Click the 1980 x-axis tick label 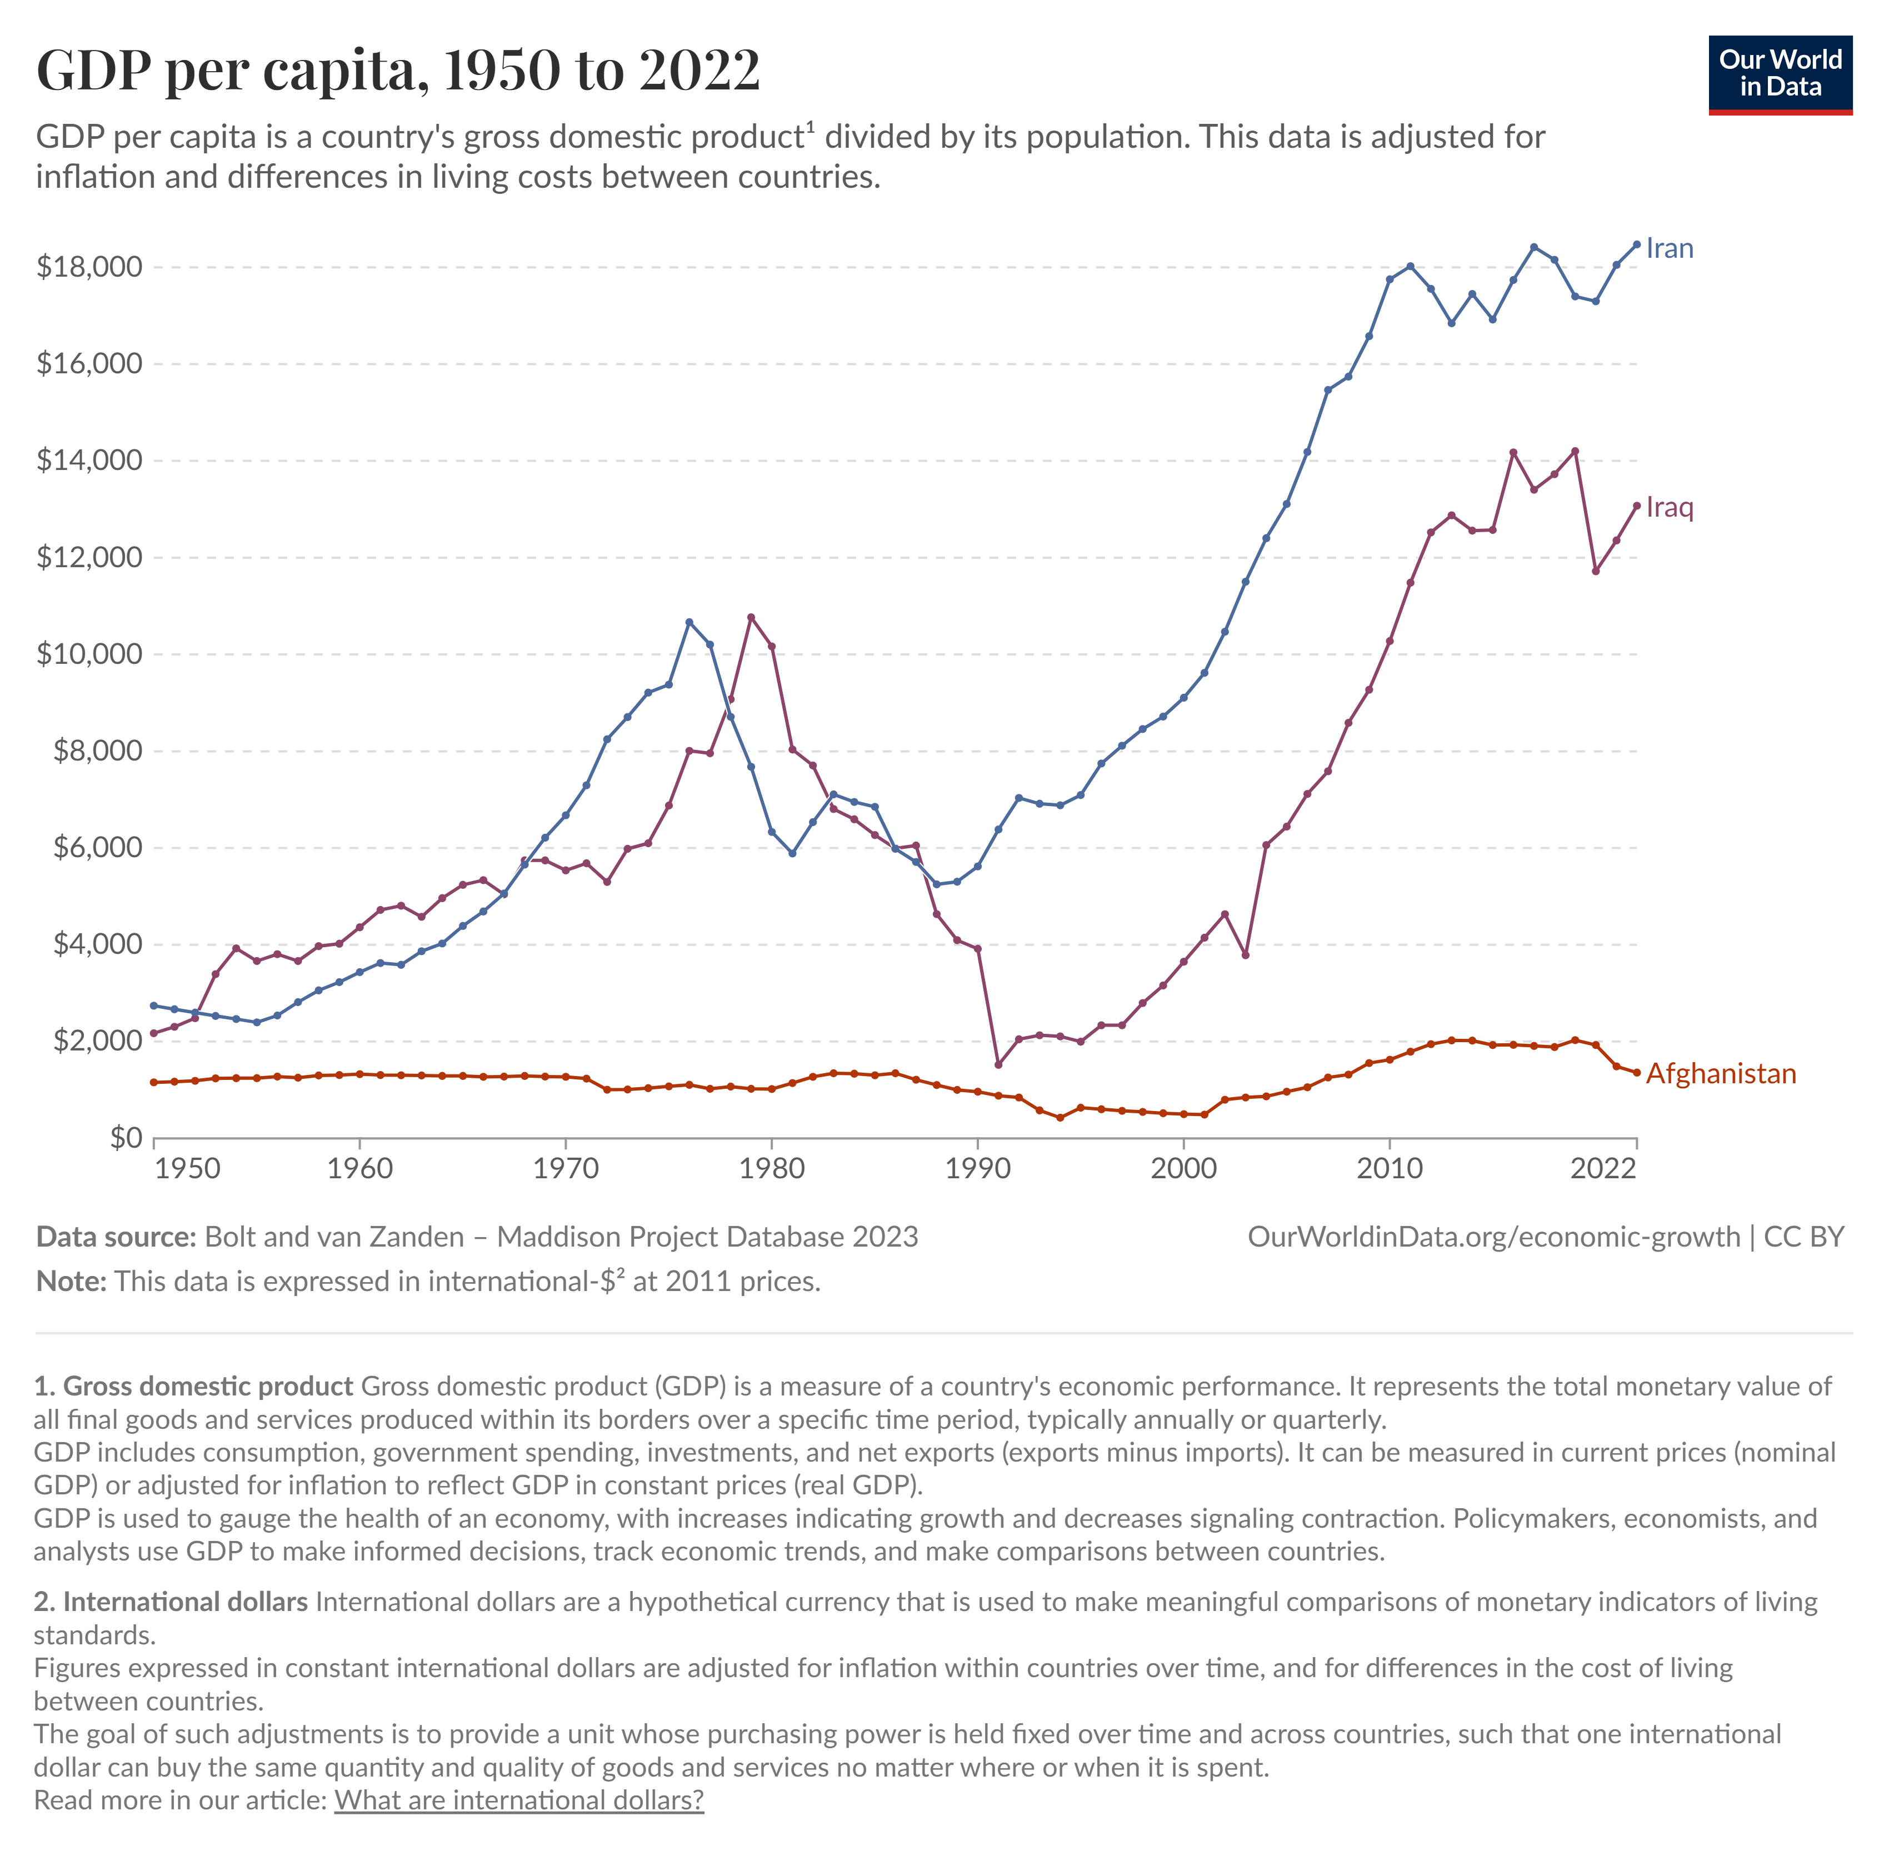[771, 1169]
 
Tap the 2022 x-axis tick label [1602, 1169]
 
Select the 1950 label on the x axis [188, 1169]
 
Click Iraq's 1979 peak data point [751, 617]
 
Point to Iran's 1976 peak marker [689, 622]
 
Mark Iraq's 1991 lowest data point [997, 1064]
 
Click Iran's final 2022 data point [1636, 245]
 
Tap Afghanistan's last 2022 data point [1636, 1073]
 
